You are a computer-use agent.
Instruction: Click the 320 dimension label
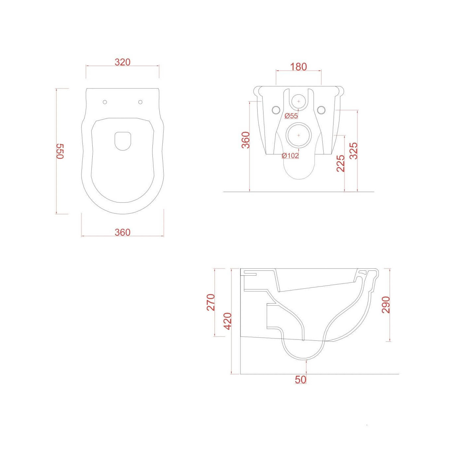click(123, 62)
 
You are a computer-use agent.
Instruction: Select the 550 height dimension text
click(60, 151)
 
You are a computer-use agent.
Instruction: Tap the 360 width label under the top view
click(123, 232)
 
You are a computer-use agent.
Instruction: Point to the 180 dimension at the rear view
click(298, 67)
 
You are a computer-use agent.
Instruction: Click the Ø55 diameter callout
click(291, 116)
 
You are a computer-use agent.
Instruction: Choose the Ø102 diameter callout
click(290, 156)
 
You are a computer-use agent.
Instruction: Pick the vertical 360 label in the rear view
click(246, 140)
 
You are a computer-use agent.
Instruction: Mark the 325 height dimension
click(353, 151)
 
